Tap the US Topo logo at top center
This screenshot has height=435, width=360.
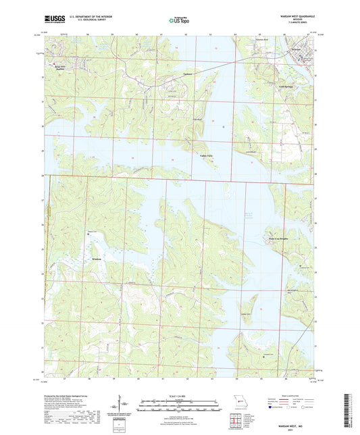(180, 20)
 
